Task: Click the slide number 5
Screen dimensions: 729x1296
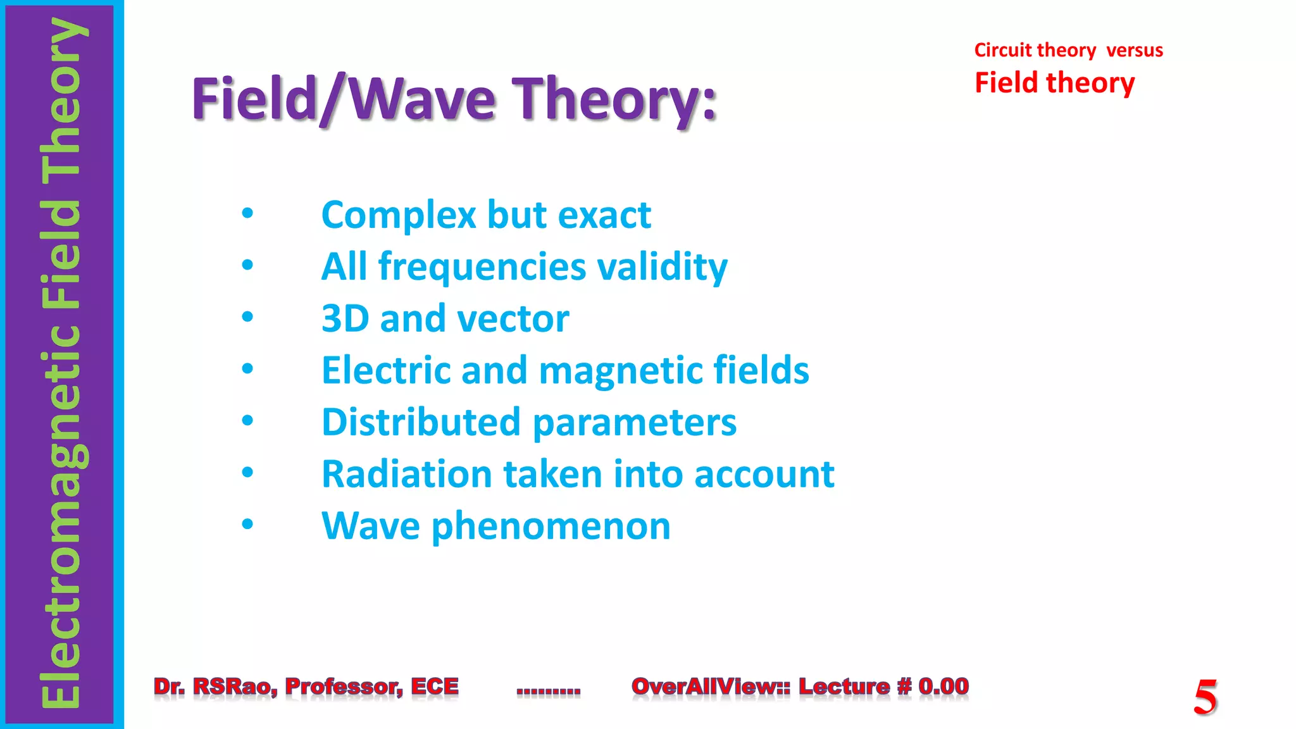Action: (x=1205, y=697)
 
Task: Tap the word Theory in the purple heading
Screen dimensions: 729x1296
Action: (x=614, y=100)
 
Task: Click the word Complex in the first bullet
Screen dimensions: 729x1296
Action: (x=398, y=216)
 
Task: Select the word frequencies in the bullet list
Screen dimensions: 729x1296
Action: (x=482, y=268)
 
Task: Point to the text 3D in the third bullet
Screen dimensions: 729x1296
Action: (x=345, y=318)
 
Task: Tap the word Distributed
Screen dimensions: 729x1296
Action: (x=421, y=422)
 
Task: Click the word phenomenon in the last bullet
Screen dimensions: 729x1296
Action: (x=551, y=527)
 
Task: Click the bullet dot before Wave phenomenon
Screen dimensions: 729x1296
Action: (x=247, y=524)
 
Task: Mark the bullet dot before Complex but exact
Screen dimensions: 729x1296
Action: (x=247, y=213)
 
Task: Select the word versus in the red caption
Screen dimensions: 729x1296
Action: (x=1134, y=50)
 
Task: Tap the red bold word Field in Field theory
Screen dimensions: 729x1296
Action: (x=1006, y=83)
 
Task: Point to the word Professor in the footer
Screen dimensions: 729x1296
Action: (x=344, y=687)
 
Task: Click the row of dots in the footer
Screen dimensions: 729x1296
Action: (x=548, y=692)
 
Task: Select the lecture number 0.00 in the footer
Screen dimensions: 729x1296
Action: (x=943, y=687)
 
